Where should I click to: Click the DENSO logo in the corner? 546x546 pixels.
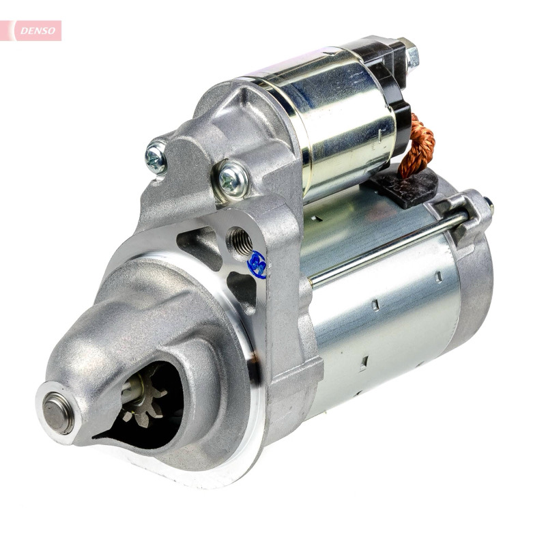pos(38,31)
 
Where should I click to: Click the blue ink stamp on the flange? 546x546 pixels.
pos(257,264)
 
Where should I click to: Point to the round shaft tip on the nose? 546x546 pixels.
pos(58,413)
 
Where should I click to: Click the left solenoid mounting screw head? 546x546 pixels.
pos(156,158)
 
